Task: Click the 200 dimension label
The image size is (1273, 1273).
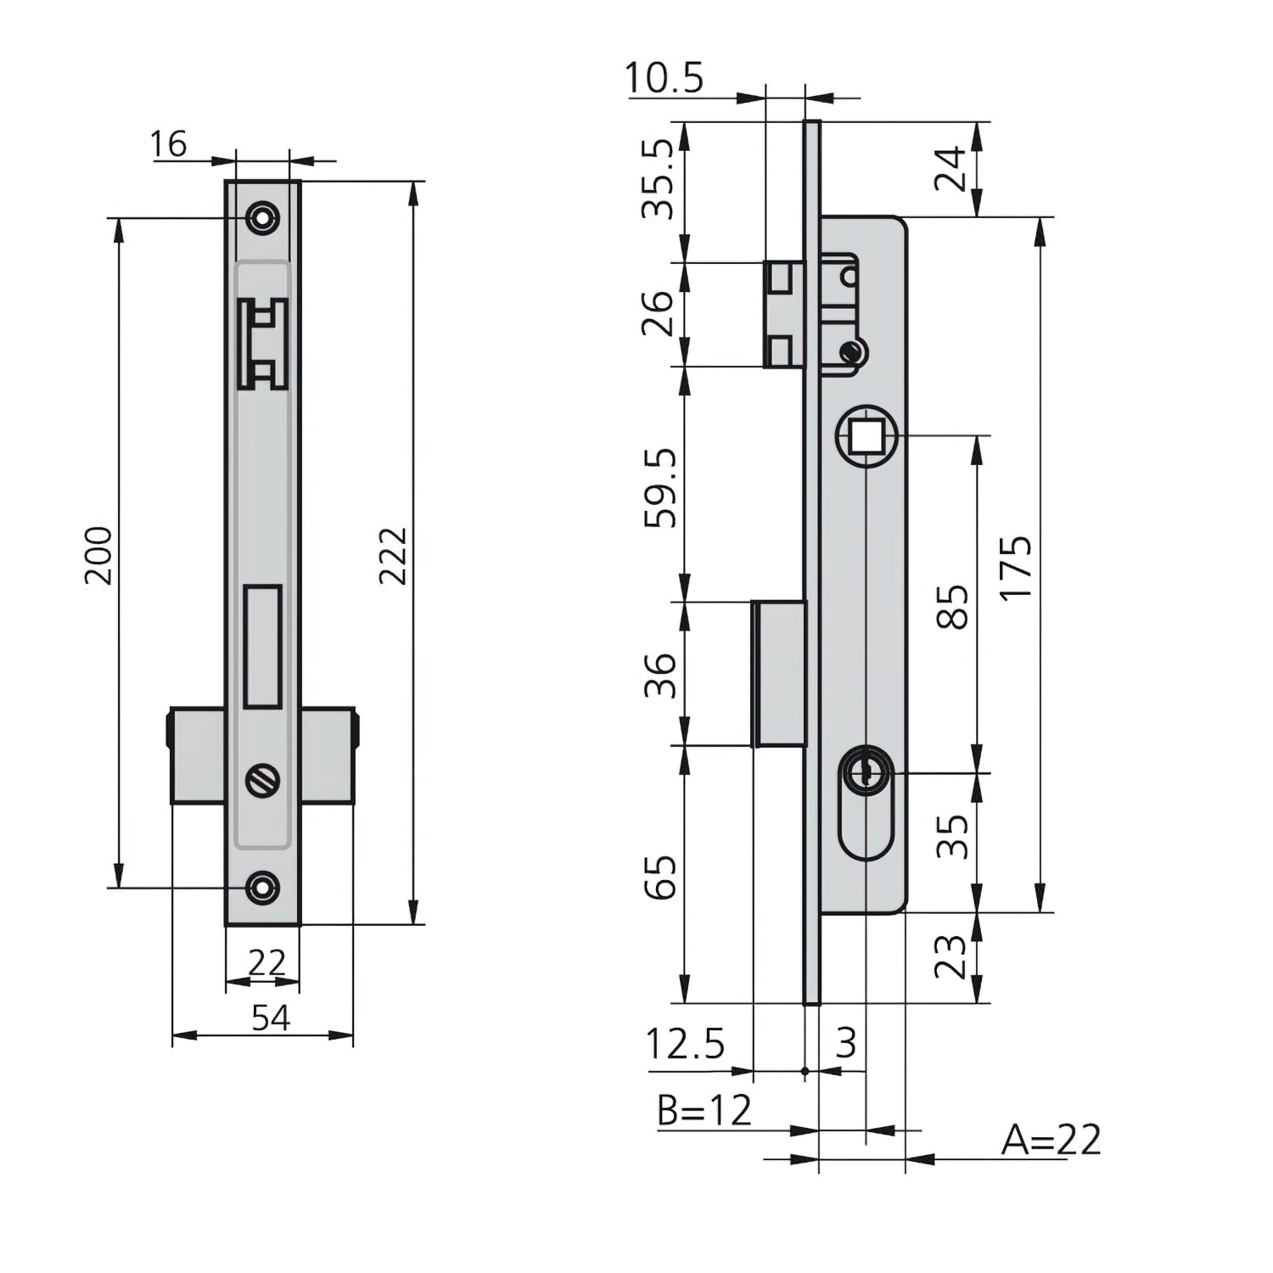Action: [x=99, y=555]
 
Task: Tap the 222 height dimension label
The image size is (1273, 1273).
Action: [x=393, y=555]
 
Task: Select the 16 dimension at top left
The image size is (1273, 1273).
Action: [x=168, y=144]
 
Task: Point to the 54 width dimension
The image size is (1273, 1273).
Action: [x=271, y=1018]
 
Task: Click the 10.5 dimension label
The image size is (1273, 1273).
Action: [x=665, y=79]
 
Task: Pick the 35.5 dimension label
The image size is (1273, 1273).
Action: [x=658, y=179]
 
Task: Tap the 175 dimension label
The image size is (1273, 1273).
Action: [x=1016, y=567]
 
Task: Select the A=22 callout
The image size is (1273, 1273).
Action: [x=1051, y=1140]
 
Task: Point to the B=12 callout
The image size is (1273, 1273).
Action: [x=704, y=1109]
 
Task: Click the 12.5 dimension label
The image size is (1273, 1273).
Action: [x=685, y=1044]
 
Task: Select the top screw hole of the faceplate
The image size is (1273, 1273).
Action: [x=263, y=218]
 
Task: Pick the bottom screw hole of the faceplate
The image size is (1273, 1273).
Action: [x=263, y=888]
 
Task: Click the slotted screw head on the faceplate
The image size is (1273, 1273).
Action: [x=263, y=780]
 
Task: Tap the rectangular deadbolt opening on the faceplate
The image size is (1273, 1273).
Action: [x=263, y=647]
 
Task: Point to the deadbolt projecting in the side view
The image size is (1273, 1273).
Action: [x=779, y=674]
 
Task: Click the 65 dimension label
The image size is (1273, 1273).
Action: [x=661, y=876]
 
